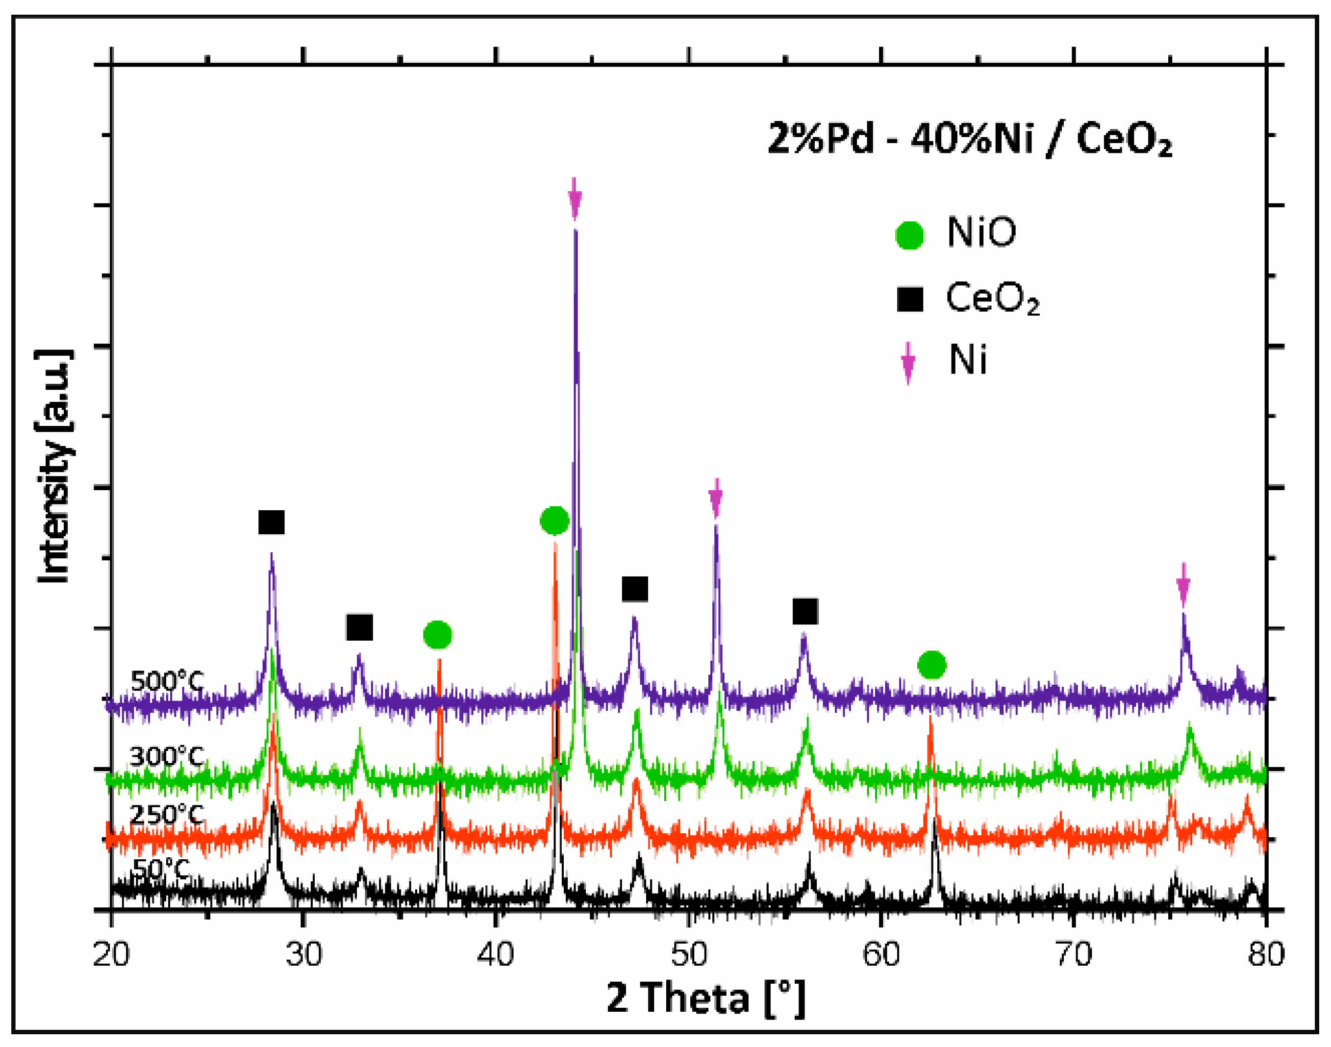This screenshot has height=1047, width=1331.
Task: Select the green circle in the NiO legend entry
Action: pyautogui.click(x=909, y=235)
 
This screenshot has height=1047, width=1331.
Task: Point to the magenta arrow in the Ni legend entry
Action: pyautogui.click(x=908, y=362)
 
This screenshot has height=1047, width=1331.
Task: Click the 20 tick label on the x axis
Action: pyautogui.click(x=112, y=954)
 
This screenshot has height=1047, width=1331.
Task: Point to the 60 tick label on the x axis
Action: pyautogui.click(x=881, y=954)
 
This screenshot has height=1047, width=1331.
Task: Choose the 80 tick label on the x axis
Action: pyautogui.click(x=1265, y=954)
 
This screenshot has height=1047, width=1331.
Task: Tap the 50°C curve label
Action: pyautogui.click(x=161, y=869)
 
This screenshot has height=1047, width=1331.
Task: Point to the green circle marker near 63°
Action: pyautogui.click(x=932, y=665)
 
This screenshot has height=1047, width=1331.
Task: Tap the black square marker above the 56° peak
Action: pyautogui.click(x=805, y=611)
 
